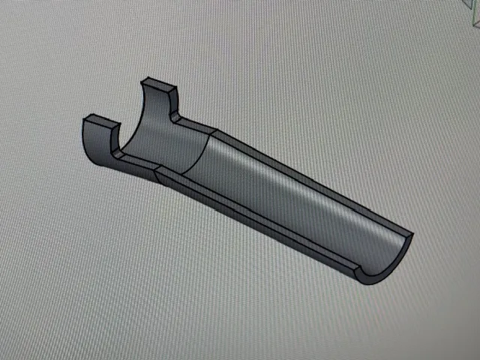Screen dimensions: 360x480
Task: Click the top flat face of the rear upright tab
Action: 160,83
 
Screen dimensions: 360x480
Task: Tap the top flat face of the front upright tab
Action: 100,121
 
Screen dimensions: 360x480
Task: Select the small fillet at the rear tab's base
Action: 175,116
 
